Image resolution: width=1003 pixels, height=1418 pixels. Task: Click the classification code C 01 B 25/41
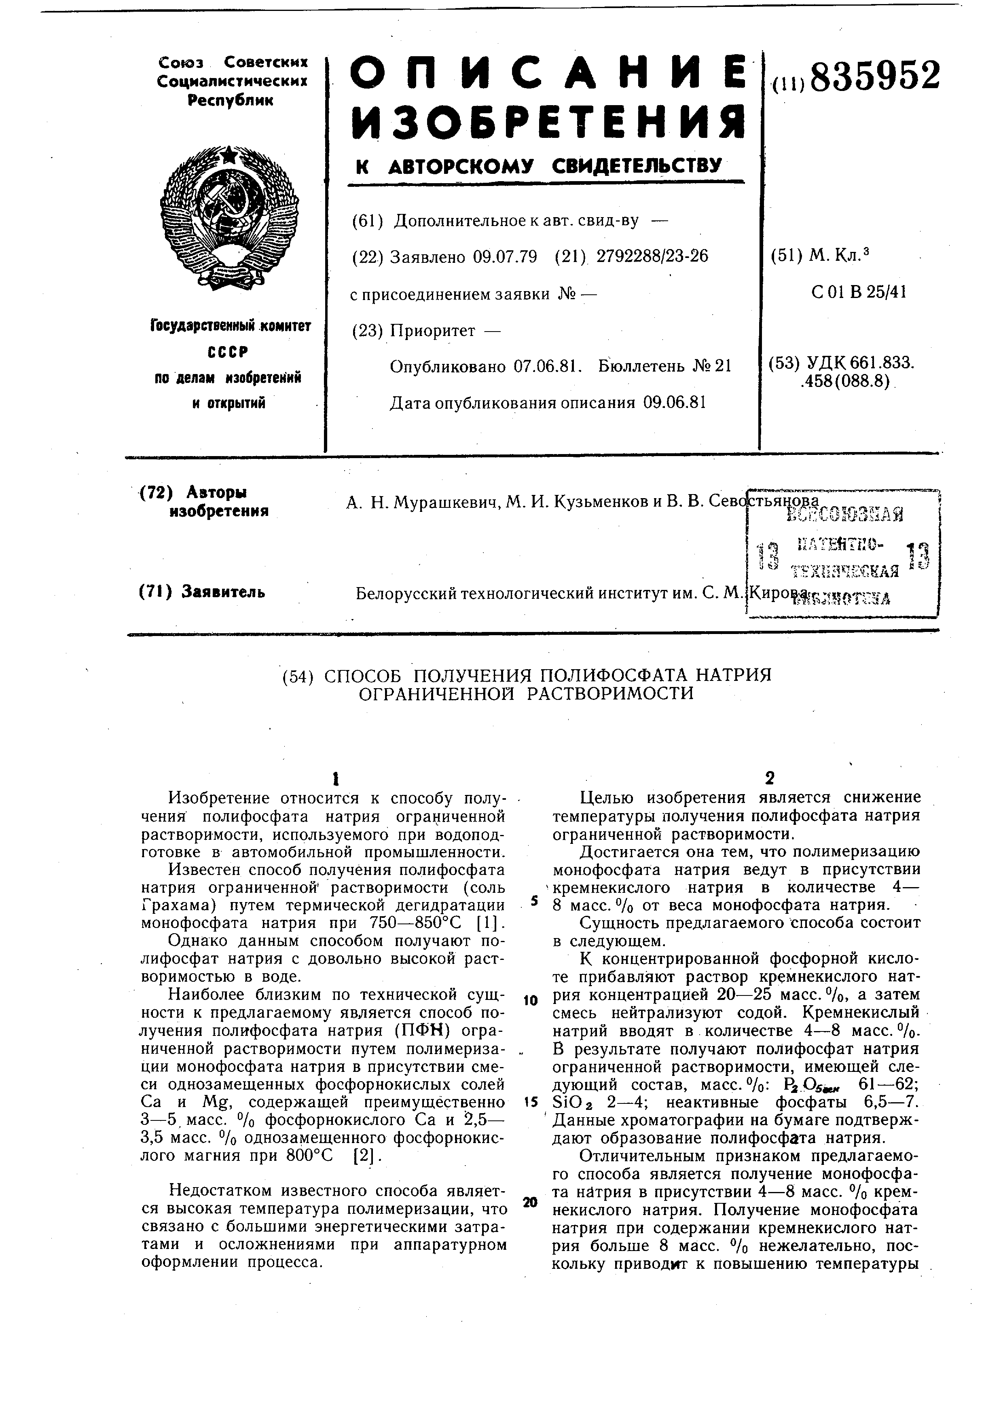tap(859, 292)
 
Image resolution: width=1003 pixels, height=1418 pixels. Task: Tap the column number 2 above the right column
tap(770, 777)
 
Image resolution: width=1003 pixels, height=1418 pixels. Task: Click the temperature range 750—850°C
tap(423, 923)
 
